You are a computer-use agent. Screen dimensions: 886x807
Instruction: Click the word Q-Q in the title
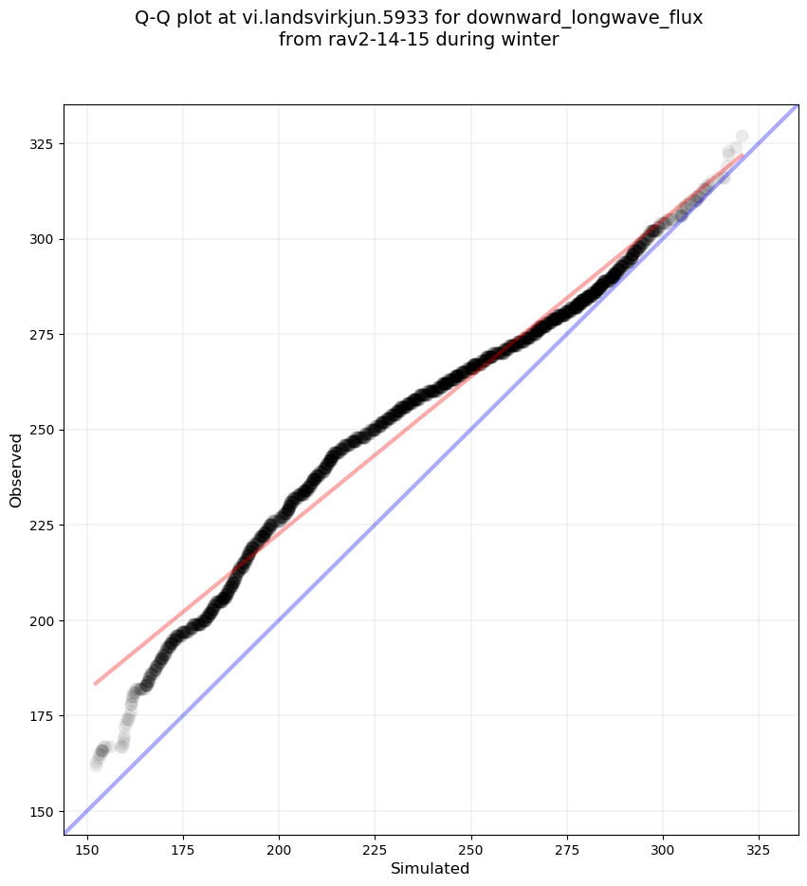click(x=154, y=17)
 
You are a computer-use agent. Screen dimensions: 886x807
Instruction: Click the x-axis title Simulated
click(x=431, y=868)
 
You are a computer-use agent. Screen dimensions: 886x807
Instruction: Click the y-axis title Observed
click(x=16, y=470)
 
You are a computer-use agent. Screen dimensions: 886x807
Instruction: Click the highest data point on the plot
click(x=742, y=137)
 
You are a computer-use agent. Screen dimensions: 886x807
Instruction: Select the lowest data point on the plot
click(x=96, y=765)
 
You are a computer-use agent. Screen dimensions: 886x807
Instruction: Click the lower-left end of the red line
click(x=95, y=683)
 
